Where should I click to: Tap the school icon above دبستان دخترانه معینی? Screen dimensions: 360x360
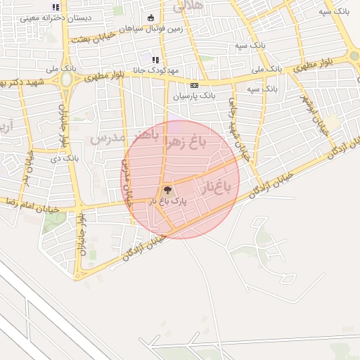pos(56,7)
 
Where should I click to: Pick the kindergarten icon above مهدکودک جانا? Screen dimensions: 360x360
pos(155,60)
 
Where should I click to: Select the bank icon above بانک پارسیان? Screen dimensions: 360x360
pos(193,85)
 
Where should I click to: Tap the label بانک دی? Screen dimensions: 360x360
pos(70,157)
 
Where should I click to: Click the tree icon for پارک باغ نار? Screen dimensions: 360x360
pos(167,190)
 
